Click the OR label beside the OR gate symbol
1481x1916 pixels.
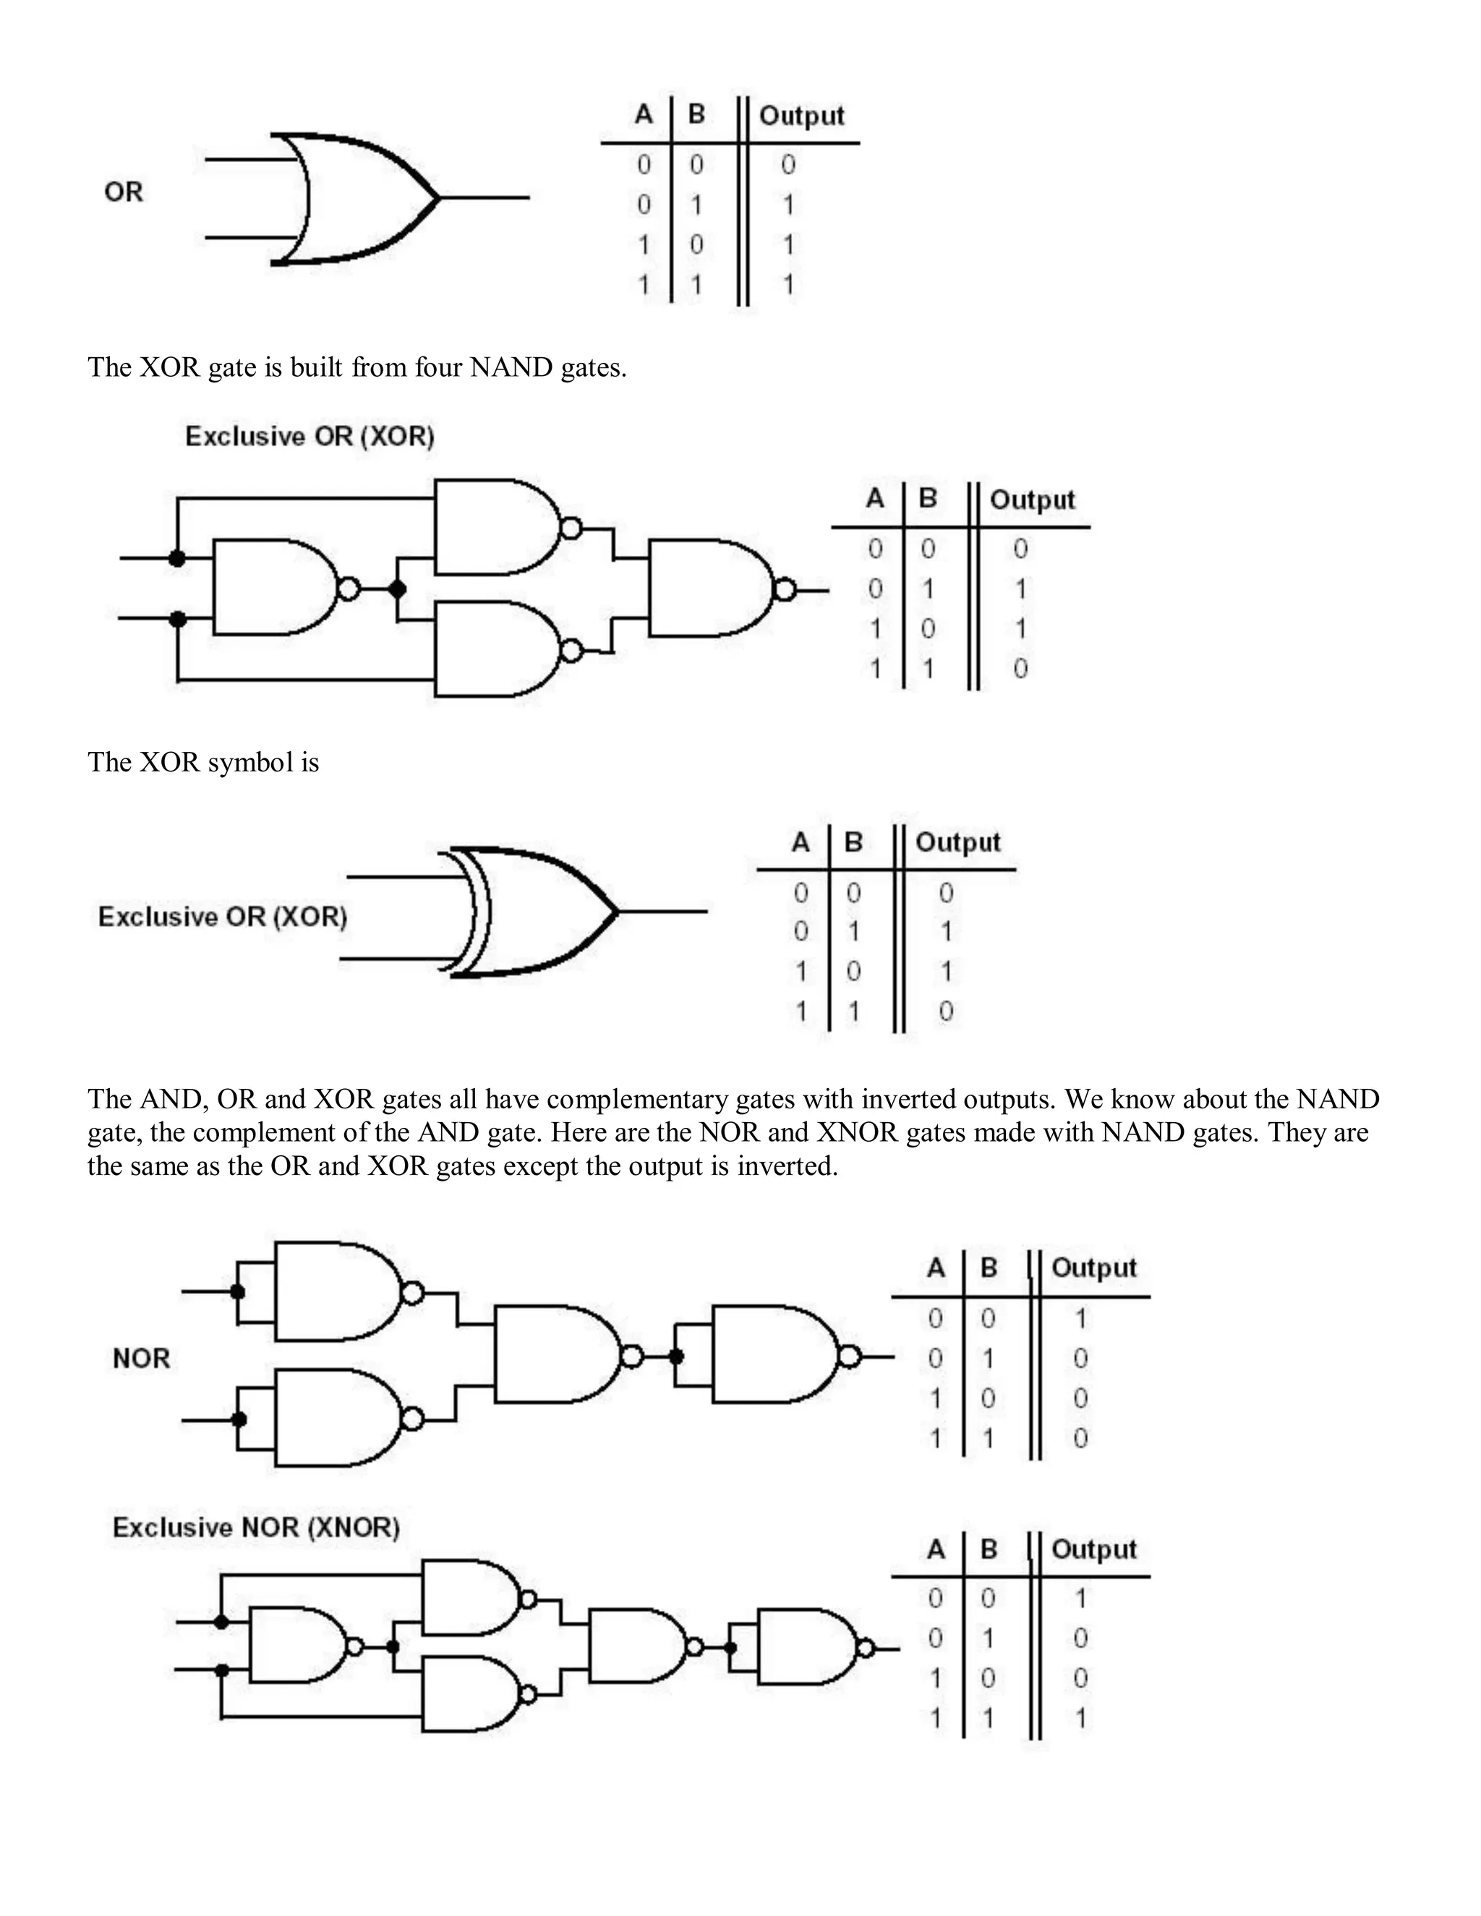point(123,192)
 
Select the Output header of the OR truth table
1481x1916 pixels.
point(801,116)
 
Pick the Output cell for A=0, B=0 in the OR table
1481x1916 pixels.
point(788,164)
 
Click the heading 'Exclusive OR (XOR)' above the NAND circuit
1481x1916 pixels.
point(310,436)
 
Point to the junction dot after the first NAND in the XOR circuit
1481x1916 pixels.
point(398,589)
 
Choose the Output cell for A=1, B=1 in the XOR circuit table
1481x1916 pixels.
point(1020,669)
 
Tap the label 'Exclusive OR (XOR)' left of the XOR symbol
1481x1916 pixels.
point(223,917)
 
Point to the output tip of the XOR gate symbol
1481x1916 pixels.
point(617,912)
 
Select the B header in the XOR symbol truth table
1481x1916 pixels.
point(853,842)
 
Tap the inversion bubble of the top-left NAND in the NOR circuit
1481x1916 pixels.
point(412,1292)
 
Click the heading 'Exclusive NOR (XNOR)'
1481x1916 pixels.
point(256,1527)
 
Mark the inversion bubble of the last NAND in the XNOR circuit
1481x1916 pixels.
point(865,1648)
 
